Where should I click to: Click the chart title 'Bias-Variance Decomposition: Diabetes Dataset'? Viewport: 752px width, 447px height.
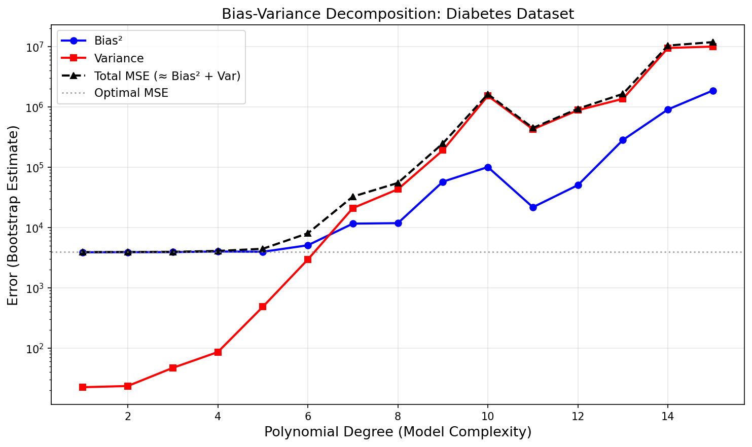(x=398, y=14)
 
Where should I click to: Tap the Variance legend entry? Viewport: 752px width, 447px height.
(x=119, y=58)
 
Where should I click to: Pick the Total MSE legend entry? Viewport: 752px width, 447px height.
(x=167, y=76)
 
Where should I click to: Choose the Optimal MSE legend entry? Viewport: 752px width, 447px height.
(x=131, y=93)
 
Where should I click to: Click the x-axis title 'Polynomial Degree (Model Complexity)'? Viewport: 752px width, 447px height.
(x=398, y=432)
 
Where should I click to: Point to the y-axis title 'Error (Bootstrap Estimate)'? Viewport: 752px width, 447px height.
(x=13, y=215)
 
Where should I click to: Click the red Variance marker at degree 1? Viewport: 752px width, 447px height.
(x=83, y=387)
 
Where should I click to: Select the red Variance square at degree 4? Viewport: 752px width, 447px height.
(x=218, y=352)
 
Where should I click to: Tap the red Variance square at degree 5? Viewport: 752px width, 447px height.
(x=263, y=307)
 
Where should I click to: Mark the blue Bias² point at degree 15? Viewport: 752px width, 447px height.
(x=713, y=91)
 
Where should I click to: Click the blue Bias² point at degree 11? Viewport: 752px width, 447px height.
(x=533, y=207)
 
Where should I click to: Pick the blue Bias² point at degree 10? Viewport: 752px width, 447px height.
(x=488, y=167)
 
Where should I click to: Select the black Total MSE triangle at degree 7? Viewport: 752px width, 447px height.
(x=353, y=197)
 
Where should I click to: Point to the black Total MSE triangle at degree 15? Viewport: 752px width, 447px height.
(x=713, y=42)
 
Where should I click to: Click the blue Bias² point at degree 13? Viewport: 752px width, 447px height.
(x=623, y=140)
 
